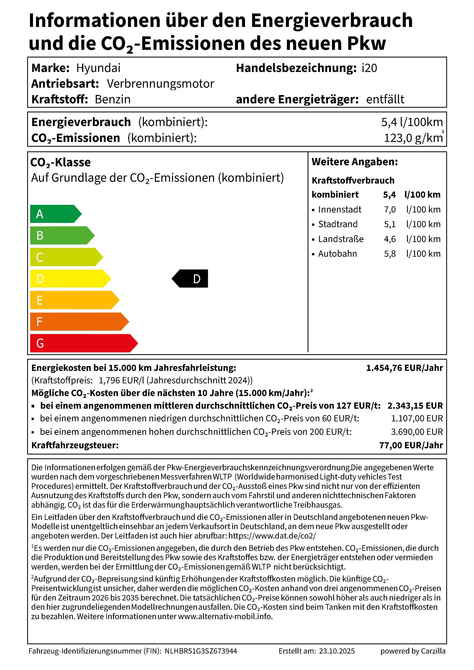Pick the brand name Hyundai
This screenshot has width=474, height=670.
pos(98,68)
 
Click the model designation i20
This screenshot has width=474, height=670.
pos(369,68)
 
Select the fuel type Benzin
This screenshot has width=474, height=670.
pos(112,99)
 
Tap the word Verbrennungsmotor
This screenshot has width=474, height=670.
pos(160,84)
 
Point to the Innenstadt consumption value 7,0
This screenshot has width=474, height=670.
pos(390,209)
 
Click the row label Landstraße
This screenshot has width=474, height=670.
pos(341,239)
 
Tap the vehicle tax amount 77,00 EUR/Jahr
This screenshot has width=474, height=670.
pos(411,445)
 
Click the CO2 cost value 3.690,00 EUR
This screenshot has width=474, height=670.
pos(417,432)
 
